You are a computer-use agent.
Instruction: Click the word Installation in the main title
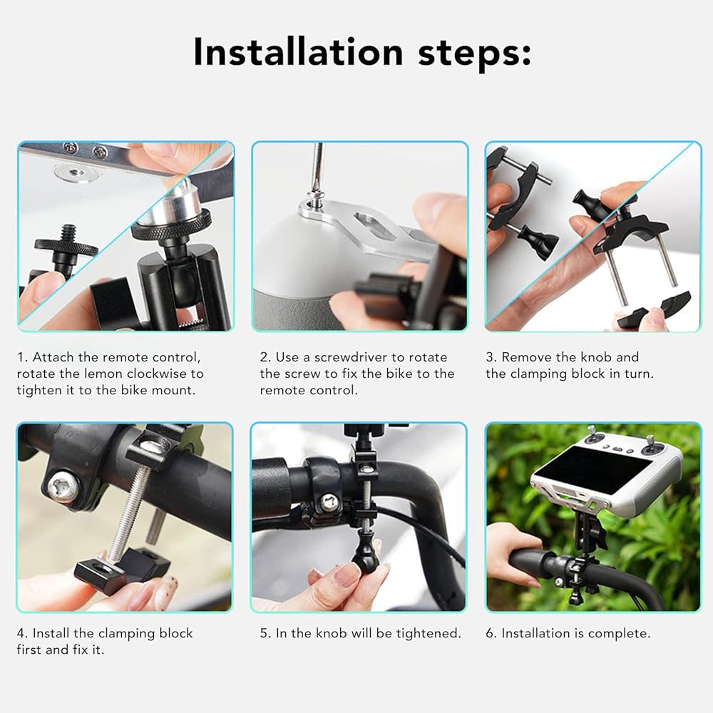pyautogui.click(x=298, y=52)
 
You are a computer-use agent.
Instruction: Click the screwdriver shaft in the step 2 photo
pyautogui.click(x=318, y=166)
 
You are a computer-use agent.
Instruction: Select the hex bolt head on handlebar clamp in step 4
pyautogui.click(x=63, y=486)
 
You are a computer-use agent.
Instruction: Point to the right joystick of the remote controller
pyautogui.click(x=650, y=444)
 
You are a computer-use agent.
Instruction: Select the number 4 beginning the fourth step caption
pyautogui.click(x=21, y=633)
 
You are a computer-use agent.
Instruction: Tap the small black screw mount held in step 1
pyautogui.click(x=65, y=249)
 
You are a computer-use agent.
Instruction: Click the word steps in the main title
pyautogui.click(x=474, y=53)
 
